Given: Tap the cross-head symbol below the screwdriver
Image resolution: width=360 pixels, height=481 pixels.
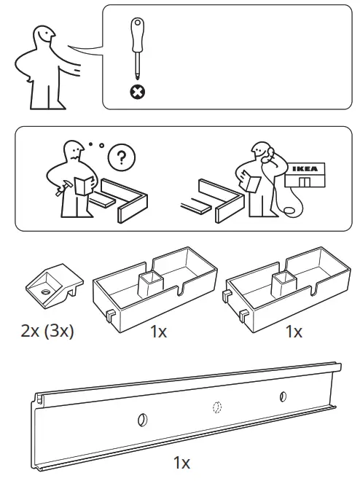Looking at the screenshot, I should [x=136, y=92].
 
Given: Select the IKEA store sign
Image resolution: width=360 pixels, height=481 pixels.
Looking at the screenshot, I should [x=305, y=173].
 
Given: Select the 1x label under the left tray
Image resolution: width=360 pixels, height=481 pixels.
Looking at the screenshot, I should [x=158, y=332].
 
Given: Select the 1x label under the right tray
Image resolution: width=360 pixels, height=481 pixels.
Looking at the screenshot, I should [x=293, y=332].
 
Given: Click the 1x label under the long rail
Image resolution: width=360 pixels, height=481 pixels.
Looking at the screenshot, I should [x=181, y=462].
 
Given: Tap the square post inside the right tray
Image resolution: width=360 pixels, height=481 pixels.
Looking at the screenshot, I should [x=282, y=282].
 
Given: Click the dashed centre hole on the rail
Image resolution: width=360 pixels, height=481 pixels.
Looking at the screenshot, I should [x=216, y=407].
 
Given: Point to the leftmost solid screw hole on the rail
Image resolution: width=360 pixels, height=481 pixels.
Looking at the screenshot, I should [x=142, y=419].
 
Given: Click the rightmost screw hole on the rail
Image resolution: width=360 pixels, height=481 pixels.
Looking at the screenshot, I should [x=283, y=396].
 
